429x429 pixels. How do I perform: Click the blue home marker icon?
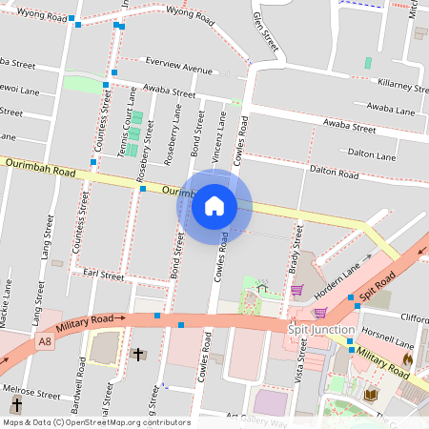[214, 206]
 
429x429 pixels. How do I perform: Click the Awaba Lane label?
[391, 110]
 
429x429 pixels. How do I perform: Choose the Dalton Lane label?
[372, 153]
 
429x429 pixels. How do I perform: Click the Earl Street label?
[104, 275]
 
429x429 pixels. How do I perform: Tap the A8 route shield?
[45, 340]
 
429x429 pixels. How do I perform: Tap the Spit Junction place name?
[321, 330]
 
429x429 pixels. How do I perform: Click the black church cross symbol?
[138, 355]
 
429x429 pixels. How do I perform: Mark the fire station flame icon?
[407, 359]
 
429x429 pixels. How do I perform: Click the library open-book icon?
[370, 394]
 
